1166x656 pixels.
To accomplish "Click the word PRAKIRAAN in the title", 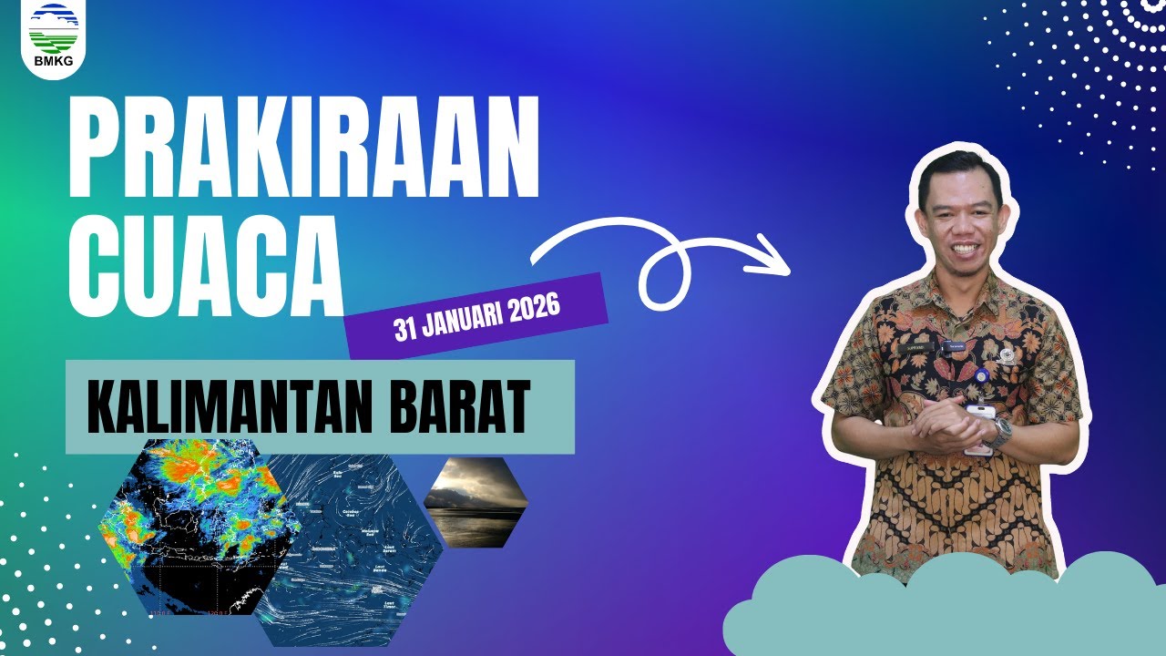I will click(302, 149).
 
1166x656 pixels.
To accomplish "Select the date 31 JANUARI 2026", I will click(476, 315).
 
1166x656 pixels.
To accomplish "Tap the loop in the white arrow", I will click(663, 273).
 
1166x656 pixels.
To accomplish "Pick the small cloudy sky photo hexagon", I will click(476, 502).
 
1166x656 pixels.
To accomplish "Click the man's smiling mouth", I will click(962, 249).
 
